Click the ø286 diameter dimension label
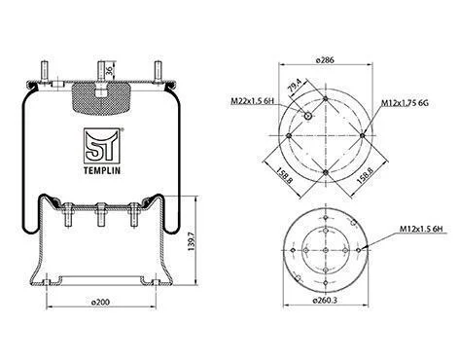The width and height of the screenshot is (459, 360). (x=325, y=60)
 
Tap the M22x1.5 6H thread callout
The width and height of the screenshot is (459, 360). (x=252, y=101)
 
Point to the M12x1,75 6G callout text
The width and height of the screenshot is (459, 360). (x=405, y=103)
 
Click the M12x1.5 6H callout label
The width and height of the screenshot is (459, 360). (x=421, y=229)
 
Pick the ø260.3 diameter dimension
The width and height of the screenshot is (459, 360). (x=325, y=301)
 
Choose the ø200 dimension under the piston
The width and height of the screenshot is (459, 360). (x=100, y=302)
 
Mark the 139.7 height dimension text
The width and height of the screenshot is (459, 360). (x=192, y=239)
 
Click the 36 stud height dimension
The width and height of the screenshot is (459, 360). (x=110, y=70)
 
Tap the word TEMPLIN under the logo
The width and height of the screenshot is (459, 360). (x=102, y=170)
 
